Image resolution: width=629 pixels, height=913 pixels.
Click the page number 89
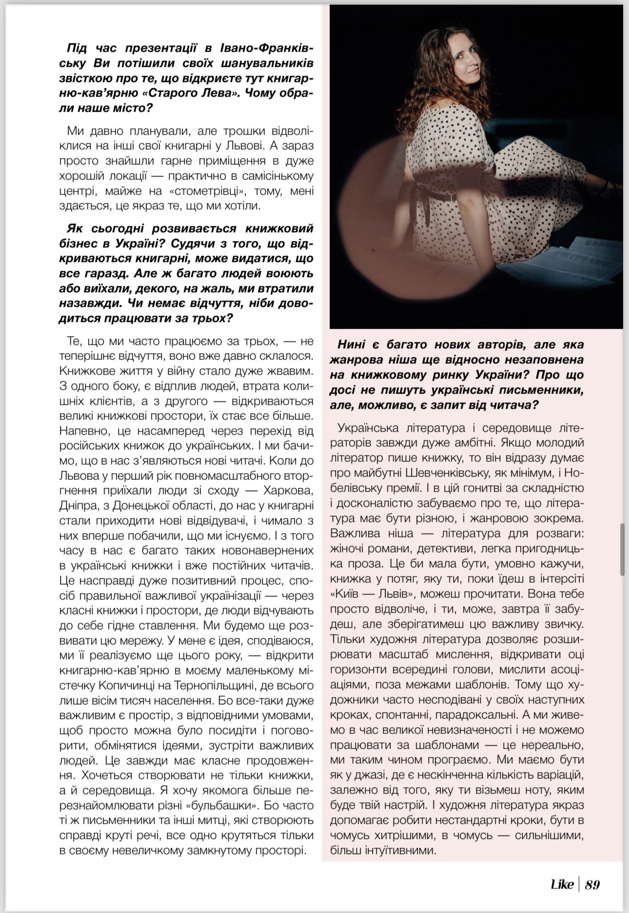(592, 885)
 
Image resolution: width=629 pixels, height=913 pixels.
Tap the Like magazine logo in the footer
(562, 885)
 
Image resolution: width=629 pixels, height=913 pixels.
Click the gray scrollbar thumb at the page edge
(623, 549)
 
